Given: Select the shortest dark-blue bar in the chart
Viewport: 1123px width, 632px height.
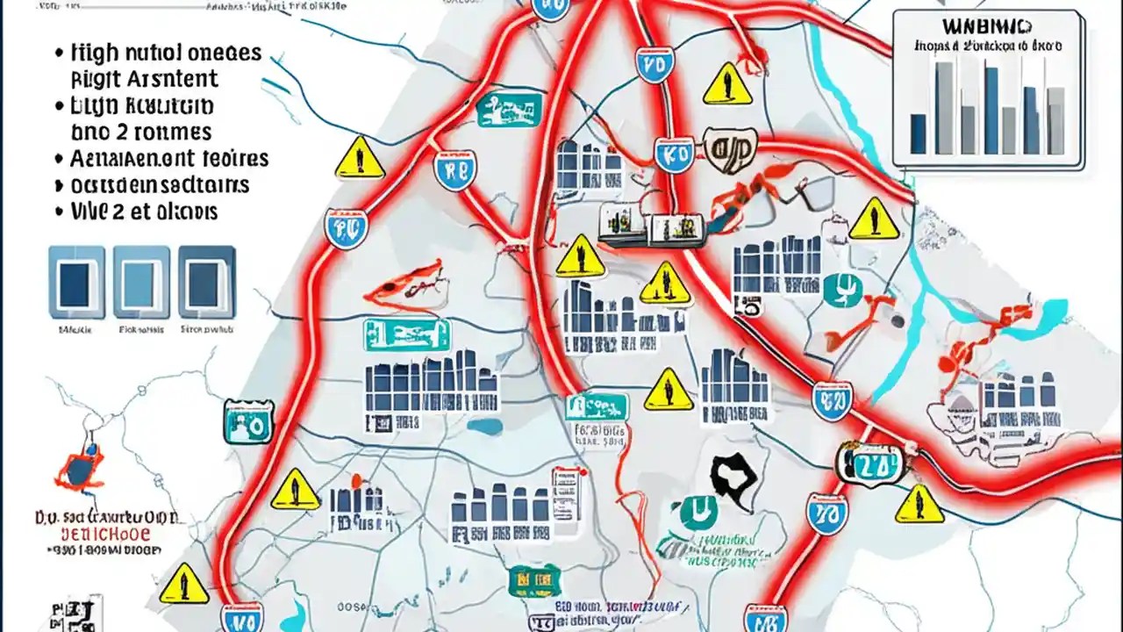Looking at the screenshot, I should (x=918, y=133).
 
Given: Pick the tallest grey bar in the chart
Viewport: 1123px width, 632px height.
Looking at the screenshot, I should (x=943, y=107).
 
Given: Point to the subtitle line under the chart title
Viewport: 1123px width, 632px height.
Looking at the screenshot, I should (x=985, y=46).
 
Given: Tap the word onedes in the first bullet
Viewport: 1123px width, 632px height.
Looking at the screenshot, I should (x=224, y=53).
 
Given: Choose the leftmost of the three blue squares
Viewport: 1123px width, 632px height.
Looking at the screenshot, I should (x=75, y=282).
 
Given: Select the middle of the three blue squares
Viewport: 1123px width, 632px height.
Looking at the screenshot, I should (x=142, y=282).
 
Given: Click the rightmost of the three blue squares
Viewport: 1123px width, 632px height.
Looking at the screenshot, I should (x=207, y=282).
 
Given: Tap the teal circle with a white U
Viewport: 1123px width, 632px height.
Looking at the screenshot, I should (x=699, y=512).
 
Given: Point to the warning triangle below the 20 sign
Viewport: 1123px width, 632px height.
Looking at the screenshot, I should (x=919, y=505).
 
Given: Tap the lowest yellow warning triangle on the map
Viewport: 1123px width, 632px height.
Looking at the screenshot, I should (x=184, y=583).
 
